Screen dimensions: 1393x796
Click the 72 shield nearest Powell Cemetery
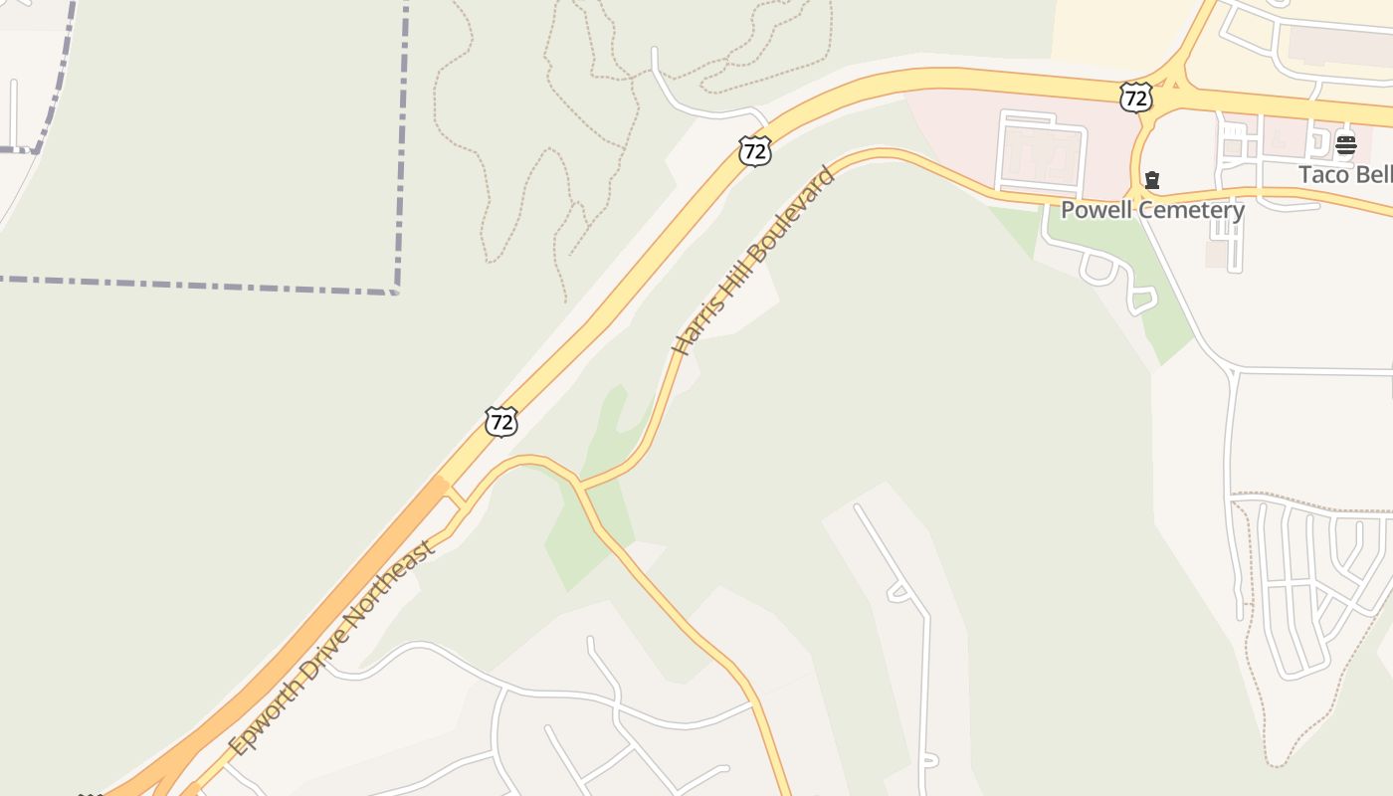(1135, 97)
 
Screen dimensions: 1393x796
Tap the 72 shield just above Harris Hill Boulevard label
(755, 151)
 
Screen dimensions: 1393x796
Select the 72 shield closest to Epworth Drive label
(501, 421)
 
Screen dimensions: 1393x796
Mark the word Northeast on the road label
(394, 580)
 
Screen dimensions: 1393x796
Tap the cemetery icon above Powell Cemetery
(1152, 180)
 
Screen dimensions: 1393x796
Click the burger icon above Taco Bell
(1345, 145)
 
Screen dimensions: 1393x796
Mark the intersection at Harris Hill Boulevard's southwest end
(579, 487)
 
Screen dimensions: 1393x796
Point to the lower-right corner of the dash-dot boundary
(396, 291)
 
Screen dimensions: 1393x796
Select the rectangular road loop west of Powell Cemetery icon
(1041, 153)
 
